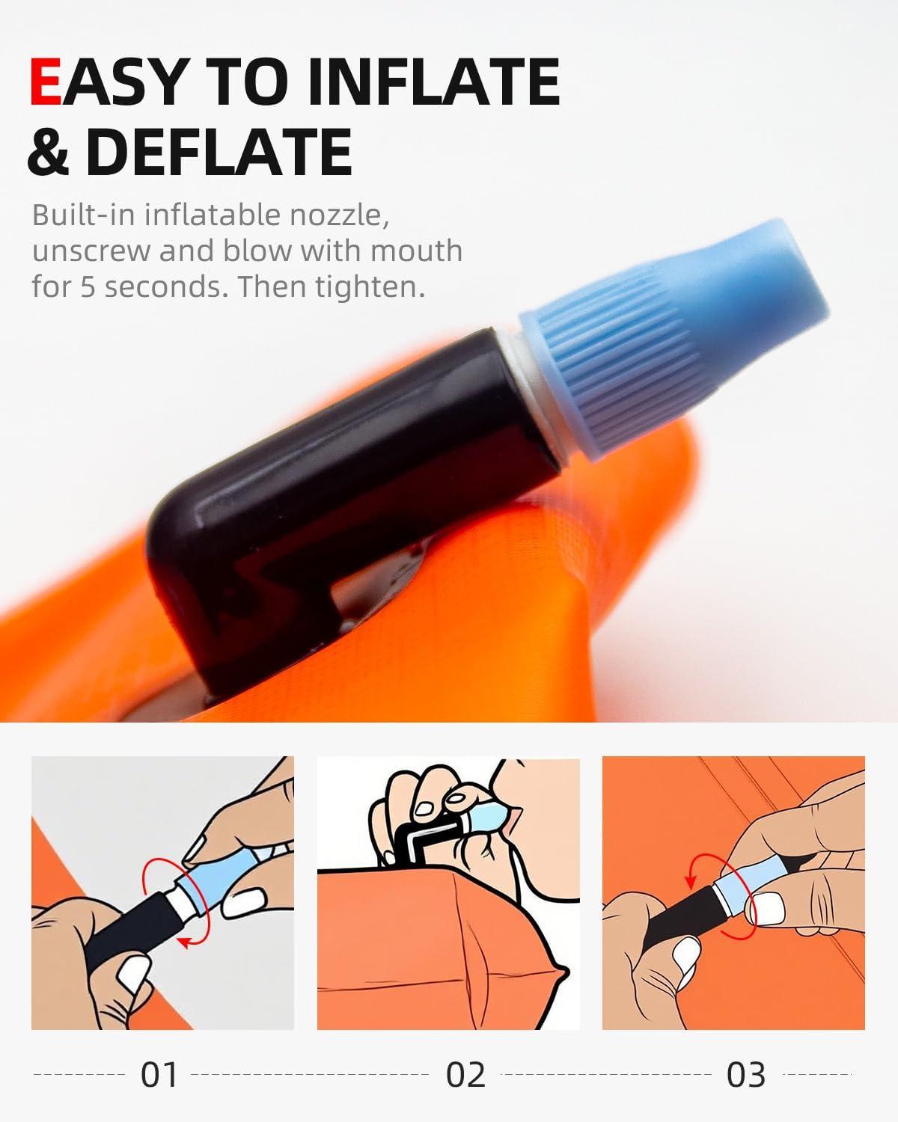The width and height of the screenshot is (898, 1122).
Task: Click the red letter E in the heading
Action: click(46, 82)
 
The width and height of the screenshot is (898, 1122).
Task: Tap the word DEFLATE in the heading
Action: click(219, 152)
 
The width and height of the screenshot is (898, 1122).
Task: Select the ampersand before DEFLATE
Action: click(49, 152)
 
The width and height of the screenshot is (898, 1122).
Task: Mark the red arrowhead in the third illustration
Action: click(690, 880)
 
